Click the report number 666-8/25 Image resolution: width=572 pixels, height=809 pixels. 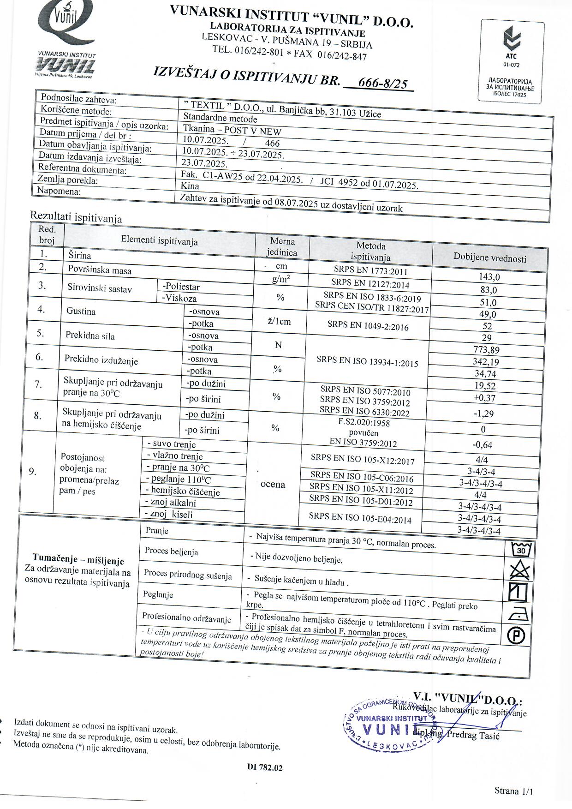click(382, 83)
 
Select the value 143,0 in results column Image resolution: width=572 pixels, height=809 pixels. click(489, 277)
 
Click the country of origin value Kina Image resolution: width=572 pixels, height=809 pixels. click(190, 186)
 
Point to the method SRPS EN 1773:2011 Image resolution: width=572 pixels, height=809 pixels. click(371, 270)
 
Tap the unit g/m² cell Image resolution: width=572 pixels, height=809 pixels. click(281, 279)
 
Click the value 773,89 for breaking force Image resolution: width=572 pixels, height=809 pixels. click(486, 350)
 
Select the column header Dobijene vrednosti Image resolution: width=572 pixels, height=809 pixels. click(489, 258)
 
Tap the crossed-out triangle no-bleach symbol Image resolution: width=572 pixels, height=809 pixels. click(520, 571)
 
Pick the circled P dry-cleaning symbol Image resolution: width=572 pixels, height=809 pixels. click(516, 636)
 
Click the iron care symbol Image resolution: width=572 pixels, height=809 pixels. click(518, 614)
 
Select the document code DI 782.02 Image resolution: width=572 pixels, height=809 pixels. click(265, 767)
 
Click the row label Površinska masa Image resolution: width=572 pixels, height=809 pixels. click(100, 270)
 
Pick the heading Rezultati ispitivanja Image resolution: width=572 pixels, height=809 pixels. click(76, 216)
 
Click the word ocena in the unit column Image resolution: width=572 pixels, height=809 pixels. click(273, 484)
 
